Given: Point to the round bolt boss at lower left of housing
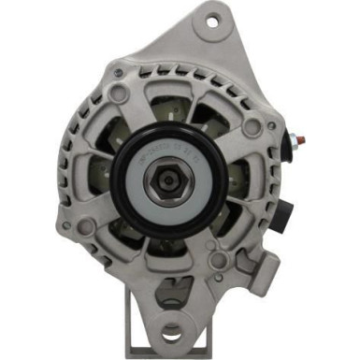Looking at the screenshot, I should point(86,227).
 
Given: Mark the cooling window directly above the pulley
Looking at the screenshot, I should point(178,103).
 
